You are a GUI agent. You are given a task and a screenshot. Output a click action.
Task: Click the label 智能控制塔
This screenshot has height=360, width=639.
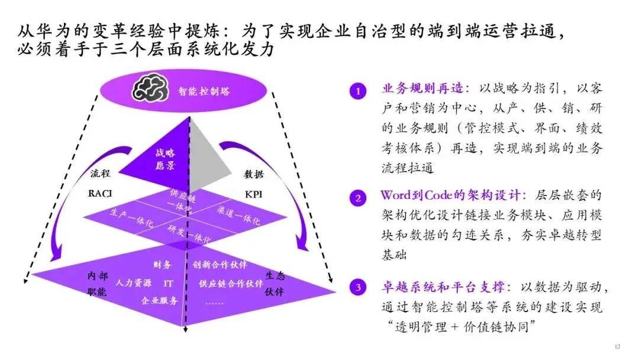click(204, 92)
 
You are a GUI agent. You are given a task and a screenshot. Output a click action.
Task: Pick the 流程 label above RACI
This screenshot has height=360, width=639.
click(101, 174)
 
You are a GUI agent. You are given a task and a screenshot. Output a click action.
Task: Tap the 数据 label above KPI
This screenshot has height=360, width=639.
click(254, 174)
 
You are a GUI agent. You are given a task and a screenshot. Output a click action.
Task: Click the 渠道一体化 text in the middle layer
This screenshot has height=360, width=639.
click(238, 216)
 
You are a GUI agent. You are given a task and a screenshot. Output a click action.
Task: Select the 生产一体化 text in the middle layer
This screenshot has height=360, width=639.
click(132, 218)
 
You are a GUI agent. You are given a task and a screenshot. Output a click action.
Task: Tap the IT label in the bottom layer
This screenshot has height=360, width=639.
click(168, 283)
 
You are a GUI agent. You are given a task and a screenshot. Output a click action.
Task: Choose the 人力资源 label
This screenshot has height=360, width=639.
click(134, 283)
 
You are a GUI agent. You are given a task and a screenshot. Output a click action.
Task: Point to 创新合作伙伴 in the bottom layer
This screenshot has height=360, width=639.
click(220, 264)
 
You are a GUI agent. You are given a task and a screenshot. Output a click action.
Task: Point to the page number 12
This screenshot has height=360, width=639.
click(618, 346)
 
